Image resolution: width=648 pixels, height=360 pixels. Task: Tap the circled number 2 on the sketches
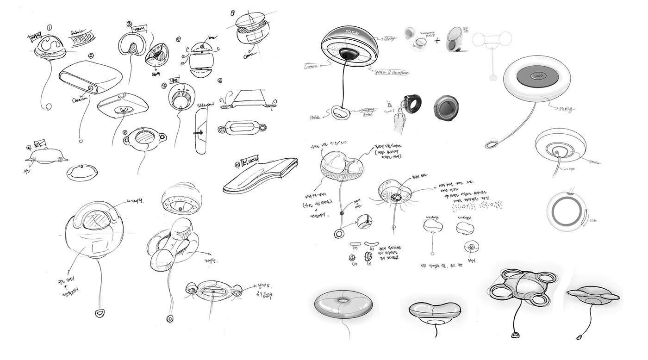coord(92,56)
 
